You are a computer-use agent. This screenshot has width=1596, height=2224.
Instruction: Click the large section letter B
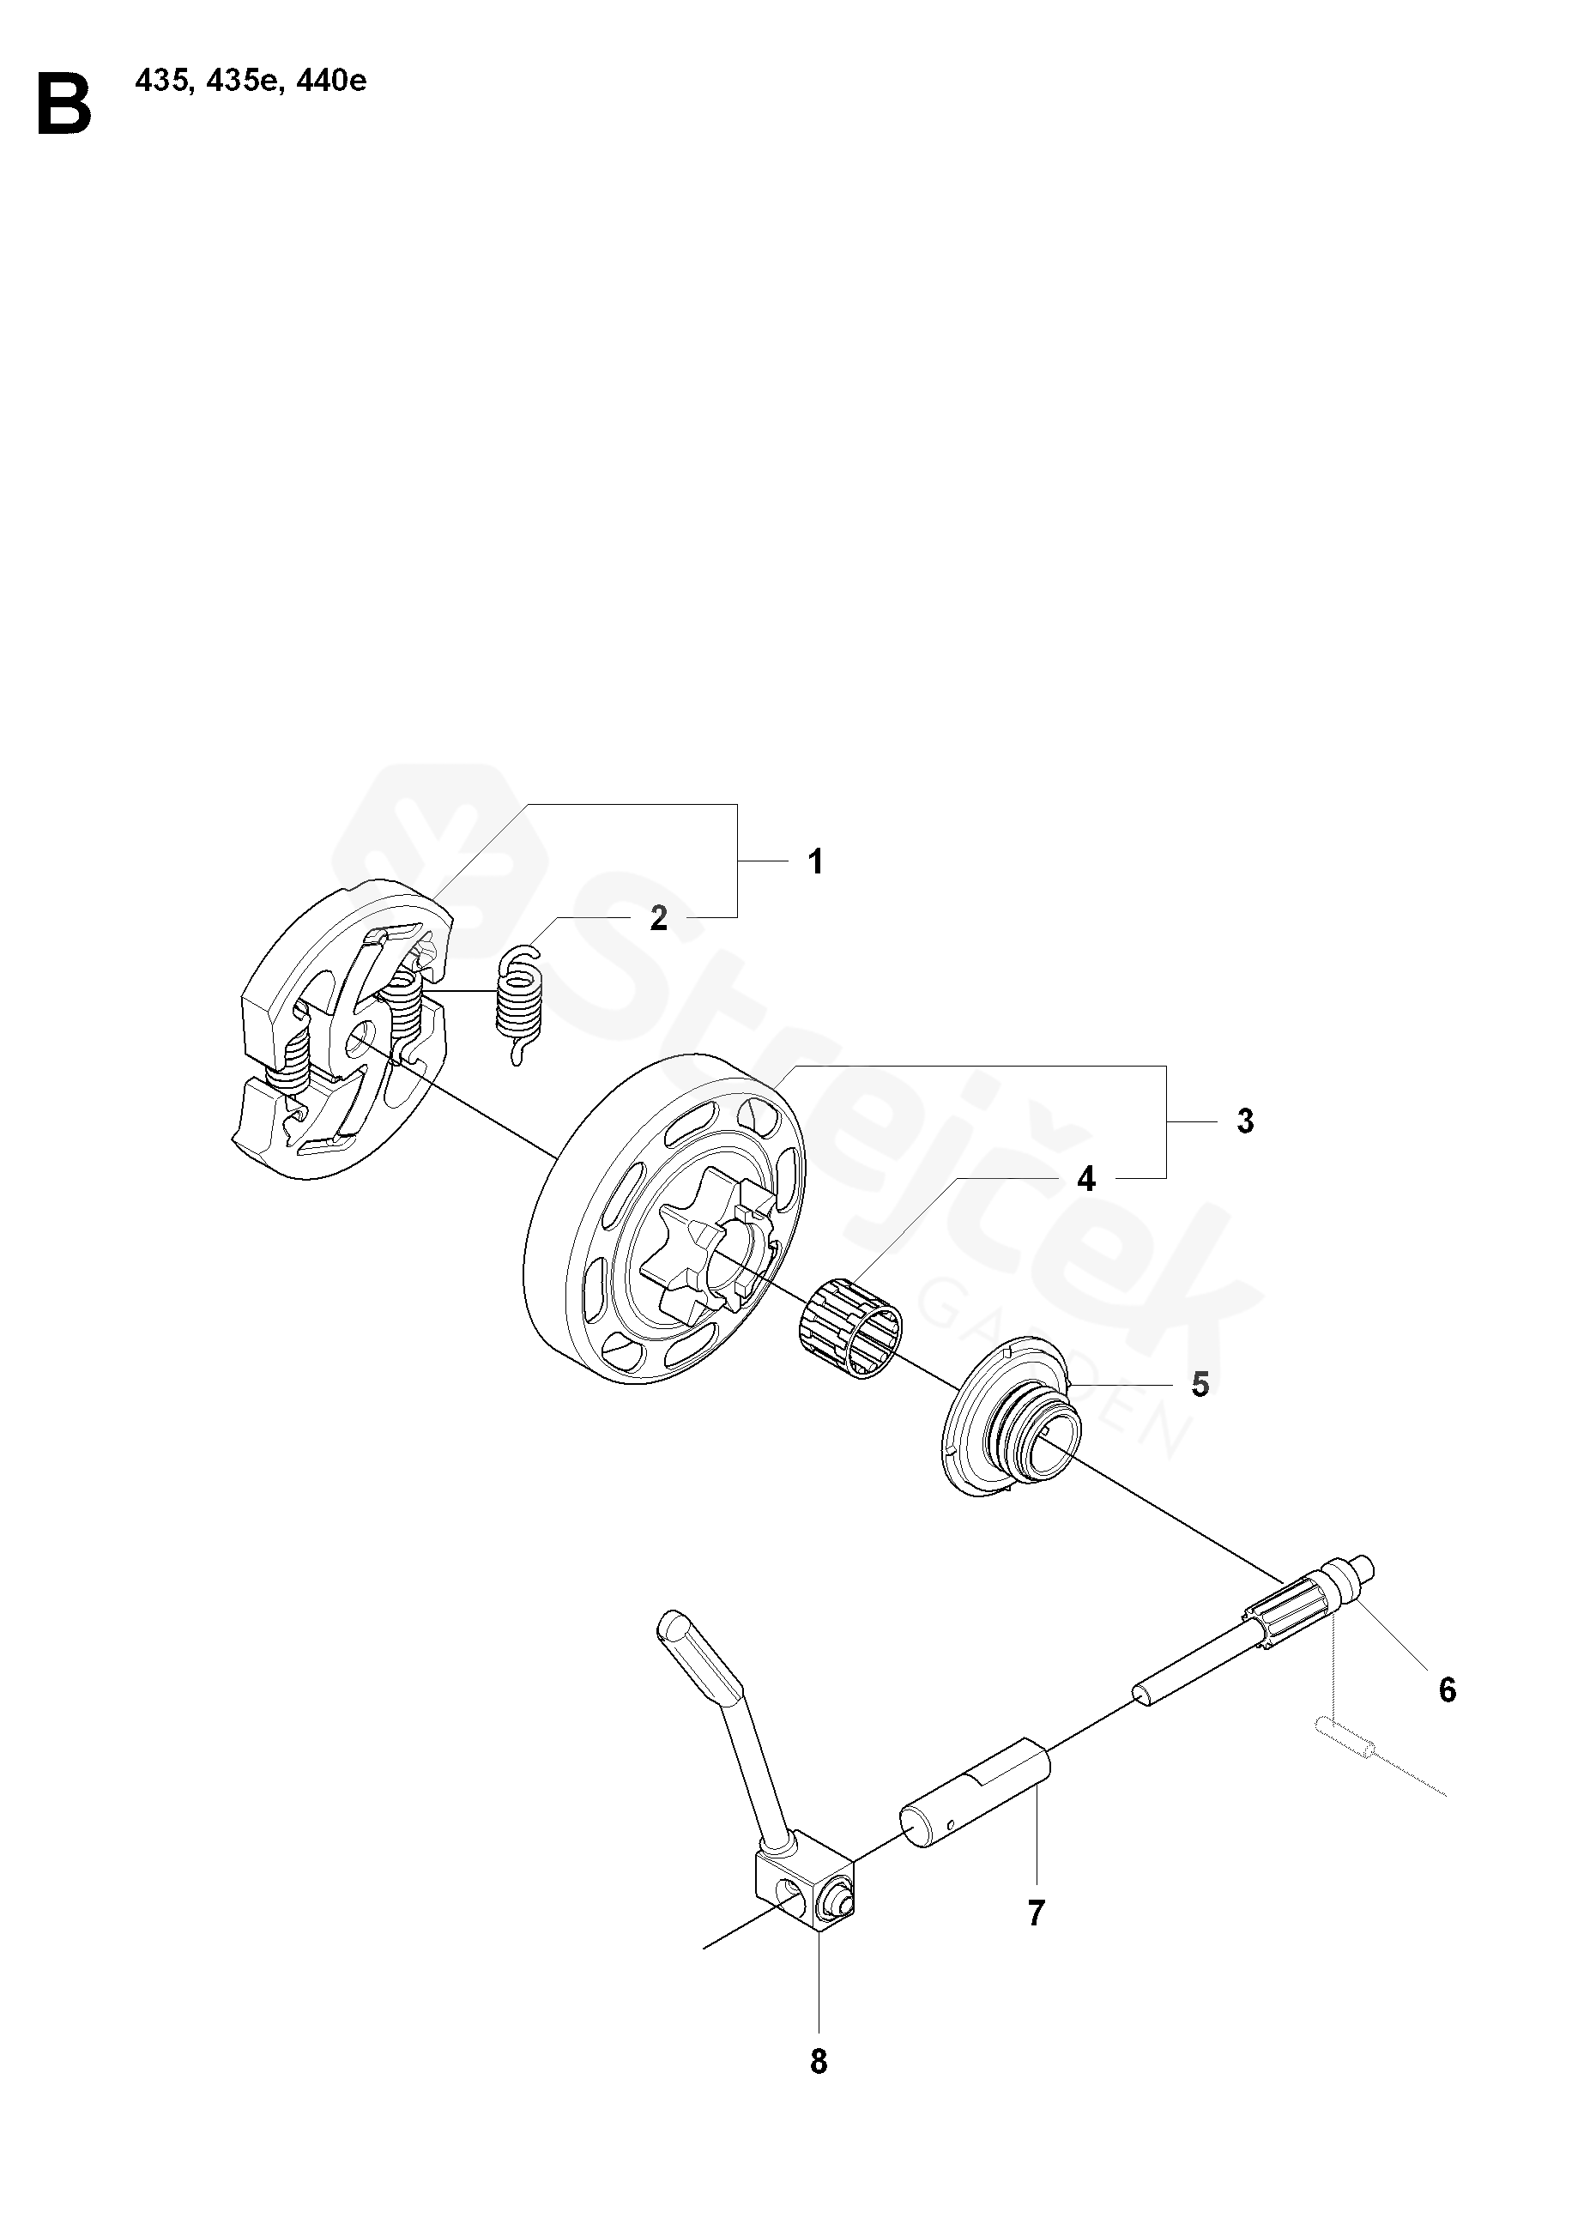[64, 104]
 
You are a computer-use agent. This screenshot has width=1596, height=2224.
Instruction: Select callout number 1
[814, 862]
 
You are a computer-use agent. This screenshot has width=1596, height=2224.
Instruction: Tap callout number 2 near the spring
[659, 918]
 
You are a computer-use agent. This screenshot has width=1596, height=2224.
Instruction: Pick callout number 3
[1245, 1121]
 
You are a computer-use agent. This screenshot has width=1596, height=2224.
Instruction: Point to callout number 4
[1085, 1179]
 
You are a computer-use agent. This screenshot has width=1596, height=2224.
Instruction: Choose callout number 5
[1200, 1385]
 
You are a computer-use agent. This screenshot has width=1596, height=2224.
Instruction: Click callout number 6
[1447, 1689]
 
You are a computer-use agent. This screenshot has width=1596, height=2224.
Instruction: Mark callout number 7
[1037, 1913]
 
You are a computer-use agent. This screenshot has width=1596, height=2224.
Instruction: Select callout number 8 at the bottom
[819, 2061]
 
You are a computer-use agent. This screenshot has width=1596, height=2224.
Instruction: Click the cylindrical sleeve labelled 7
[975, 1797]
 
